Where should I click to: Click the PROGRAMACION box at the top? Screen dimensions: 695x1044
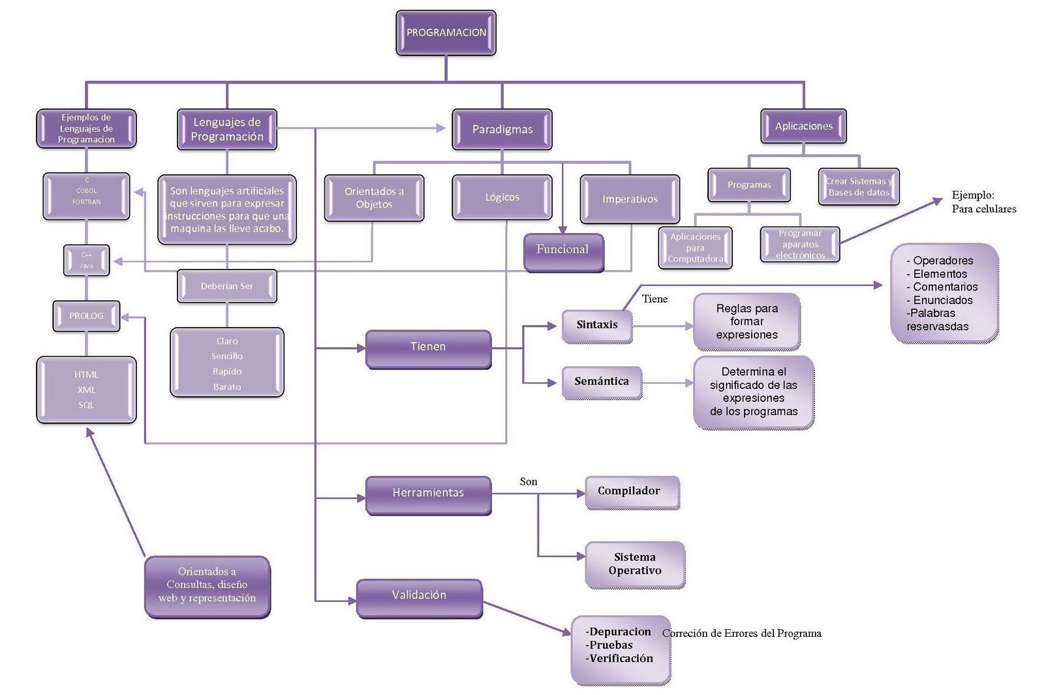point(446,33)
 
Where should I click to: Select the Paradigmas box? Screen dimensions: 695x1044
point(502,129)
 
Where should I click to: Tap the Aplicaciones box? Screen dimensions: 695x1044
point(803,126)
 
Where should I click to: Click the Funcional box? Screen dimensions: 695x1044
point(562,250)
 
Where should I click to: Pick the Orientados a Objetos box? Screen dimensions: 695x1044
point(374,198)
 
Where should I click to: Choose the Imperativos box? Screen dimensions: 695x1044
point(630,199)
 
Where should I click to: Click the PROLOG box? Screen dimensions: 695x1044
point(86,316)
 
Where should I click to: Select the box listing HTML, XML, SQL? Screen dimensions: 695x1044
point(86,390)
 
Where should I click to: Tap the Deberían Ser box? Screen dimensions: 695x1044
point(226,286)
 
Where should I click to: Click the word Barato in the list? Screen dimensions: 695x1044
point(226,387)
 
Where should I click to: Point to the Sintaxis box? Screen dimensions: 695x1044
point(597,325)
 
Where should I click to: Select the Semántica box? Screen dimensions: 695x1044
point(602,382)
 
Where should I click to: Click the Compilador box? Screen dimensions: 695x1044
point(630,491)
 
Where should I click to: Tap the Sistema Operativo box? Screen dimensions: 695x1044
point(635,564)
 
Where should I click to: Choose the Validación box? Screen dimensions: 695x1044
point(419,596)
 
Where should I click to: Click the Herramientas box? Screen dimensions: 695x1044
point(428,493)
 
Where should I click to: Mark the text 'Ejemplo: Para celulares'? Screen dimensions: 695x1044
point(983,202)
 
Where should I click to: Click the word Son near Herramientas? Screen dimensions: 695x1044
point(529,482)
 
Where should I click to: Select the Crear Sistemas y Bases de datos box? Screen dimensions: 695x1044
point(859,187)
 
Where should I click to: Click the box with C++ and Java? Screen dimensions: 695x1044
point(86,260)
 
